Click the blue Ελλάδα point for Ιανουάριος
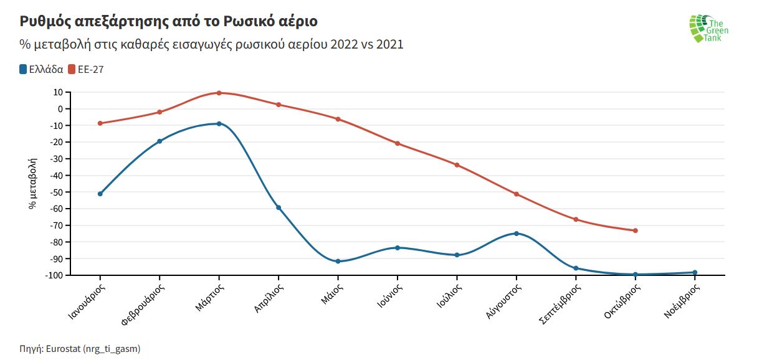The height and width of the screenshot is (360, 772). pos(100,194)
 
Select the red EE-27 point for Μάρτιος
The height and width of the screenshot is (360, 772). pos(219,93)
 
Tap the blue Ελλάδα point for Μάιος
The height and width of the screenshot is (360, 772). pos(338,262)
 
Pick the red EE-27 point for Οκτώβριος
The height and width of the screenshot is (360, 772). pos(635,230)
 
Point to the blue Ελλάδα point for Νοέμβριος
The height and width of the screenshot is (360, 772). pos(695,272)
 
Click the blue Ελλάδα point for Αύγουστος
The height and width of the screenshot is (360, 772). pos(516,234)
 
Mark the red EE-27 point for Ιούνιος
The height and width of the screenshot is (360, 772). pos(398,144)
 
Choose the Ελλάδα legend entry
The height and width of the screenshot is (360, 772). pos(42,69)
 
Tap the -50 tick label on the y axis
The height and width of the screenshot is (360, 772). pos(55,192)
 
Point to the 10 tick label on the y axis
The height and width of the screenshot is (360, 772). pos(58,92)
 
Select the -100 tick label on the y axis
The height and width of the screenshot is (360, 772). pos(53,275)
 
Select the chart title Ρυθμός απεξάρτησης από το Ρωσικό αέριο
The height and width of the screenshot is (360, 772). pos(169,22)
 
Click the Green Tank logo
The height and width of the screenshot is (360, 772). pos(708,28)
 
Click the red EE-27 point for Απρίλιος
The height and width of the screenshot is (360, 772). pos(279,105)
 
